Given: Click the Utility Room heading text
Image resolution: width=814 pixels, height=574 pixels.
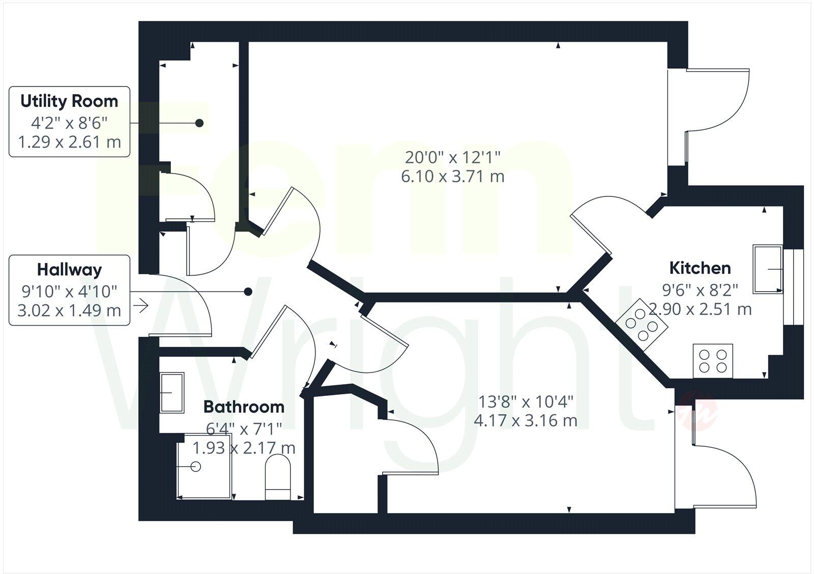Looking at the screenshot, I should click(x=69, y=101).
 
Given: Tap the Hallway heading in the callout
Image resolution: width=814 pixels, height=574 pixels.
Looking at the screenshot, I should click(x=69, y=270).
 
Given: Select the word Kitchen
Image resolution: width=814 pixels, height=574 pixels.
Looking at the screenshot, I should click(x=700, y=268).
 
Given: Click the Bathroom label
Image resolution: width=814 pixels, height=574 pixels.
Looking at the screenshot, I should click(x=244, y=407).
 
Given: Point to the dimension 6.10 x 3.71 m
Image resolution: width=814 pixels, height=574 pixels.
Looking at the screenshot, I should click(x=453, y=177).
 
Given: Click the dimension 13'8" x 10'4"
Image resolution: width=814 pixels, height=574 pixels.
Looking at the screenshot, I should click(x=526, y=402).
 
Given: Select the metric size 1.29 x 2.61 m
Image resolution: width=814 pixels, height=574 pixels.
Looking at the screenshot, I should click(x=70, y=141).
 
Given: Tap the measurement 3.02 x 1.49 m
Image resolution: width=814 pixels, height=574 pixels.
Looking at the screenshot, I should click(x=69, y=310).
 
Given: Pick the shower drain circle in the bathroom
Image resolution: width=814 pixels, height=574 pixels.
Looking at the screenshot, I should click(x=196, y=466).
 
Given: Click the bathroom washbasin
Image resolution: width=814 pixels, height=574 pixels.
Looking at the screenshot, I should click(x=172, y=393).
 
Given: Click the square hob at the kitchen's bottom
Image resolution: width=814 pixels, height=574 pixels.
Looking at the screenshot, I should click(x=713, y=361).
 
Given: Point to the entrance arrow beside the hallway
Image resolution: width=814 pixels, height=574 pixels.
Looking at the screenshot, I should click(x=140, y=306).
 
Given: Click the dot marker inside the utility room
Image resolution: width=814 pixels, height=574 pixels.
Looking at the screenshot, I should click(x=199, y=123).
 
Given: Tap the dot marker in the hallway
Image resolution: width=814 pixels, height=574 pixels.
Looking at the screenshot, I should click(x=248, y=292).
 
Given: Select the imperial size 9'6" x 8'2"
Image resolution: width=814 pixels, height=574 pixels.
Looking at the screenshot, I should click(x=700, y=290).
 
